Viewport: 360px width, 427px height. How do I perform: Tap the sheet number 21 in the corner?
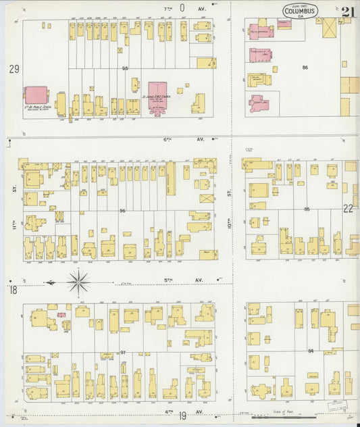click(349, 11)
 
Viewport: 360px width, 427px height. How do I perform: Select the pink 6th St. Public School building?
click(36, 95)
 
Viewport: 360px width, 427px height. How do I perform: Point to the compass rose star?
click(79, 281)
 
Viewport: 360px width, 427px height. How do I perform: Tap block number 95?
click(125, 68)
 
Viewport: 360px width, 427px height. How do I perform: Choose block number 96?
click(123, 211)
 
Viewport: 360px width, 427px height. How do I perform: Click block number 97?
click(123, 352)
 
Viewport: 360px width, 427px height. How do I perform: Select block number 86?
click(305, 68)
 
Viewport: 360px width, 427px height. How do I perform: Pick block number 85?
click(307, 209)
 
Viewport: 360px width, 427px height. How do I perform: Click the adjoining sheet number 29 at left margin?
click(14, 69)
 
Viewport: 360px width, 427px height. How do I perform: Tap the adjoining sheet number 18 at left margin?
click(13, 290)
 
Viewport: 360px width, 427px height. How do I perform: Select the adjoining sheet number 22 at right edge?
click(348, 209)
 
